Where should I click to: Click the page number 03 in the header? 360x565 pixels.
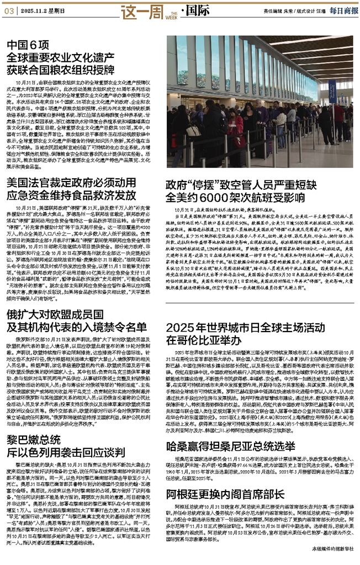(8, 11)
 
